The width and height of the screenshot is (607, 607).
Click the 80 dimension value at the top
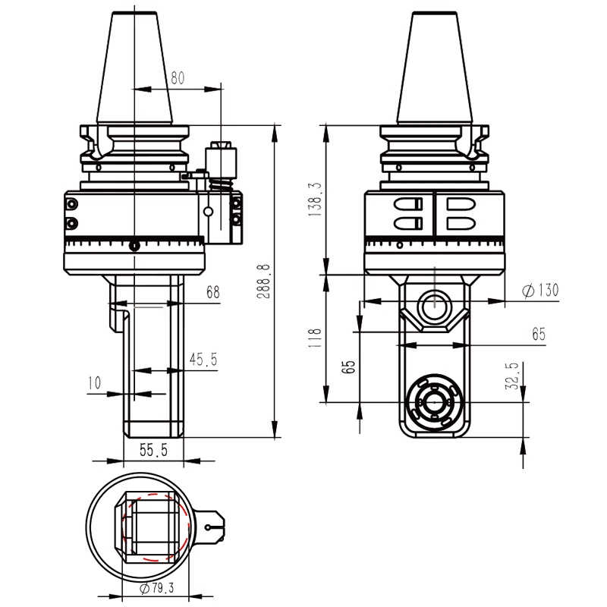coord(178,77)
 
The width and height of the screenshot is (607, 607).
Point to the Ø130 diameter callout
coord(540,291)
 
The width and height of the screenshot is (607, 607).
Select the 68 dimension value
coord(212,292)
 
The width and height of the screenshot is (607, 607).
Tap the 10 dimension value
coord(94,383)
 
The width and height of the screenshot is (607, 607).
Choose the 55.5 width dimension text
coord(153,451)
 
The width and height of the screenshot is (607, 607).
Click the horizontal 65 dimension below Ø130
coord(538,334)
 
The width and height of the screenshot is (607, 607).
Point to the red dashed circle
coord(152,527)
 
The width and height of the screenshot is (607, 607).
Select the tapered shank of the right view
coord(436,68)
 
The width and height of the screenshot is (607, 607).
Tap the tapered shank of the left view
coord(134,68)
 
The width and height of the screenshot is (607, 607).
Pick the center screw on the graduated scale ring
coord(134,245)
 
